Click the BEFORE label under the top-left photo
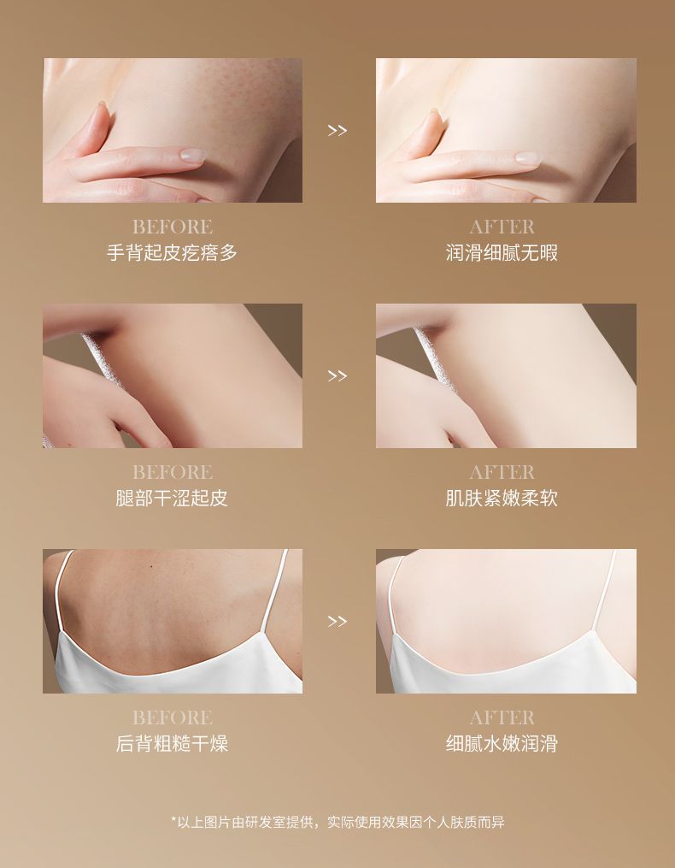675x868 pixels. click(172, 227)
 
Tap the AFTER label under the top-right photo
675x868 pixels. click(502, 227)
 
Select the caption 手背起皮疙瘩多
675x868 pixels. click(172, 252)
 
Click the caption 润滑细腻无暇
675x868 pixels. click(502, 252)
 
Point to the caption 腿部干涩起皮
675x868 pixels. click(172, 498)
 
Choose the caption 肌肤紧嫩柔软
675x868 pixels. click(502, 498)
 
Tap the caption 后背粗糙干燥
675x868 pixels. click(172, 743)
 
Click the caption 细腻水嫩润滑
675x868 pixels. click(502, 743)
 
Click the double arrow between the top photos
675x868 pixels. click(337, 131)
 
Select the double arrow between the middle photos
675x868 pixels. click(337, 376)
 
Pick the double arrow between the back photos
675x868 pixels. click(337, 621)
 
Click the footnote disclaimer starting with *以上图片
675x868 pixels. click(337, 822)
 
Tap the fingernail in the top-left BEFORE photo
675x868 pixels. click(193, 155)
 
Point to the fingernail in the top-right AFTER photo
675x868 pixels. click(527, 157)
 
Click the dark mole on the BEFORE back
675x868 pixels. click(151, 566)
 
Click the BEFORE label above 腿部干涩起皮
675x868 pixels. click(172, 472)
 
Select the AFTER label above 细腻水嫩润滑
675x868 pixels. click(502, 717)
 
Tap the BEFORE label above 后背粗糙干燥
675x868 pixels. click(172, 717)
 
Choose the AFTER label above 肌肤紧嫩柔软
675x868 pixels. click(502, 472)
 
